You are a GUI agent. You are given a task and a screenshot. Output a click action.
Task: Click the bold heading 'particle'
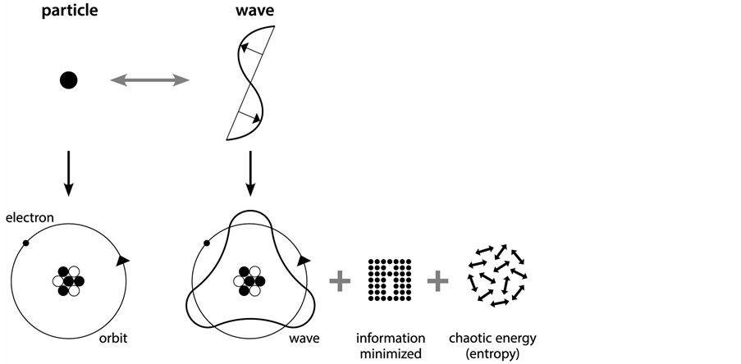pyautogui.click(x=70, y=16)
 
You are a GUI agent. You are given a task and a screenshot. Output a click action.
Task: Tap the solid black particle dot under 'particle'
pyautogui.click(x=69, y=80)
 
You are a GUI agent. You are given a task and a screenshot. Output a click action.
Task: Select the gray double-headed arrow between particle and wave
pyautogui.click(x=150, y=80)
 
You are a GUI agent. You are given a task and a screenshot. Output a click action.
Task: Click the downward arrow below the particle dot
pyautogui.click(x=69, y=172)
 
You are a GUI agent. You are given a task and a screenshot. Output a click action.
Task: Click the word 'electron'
pyautogui.click(x=30, y=218)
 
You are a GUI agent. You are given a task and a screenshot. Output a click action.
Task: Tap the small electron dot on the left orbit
pyautogui.click(x=26, y=243)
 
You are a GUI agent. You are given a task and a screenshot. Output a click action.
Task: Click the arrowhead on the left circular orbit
pyautogui.click(x=122, y=260)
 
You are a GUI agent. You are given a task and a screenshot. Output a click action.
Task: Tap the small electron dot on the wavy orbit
pyautogui.click(x=206, y=243)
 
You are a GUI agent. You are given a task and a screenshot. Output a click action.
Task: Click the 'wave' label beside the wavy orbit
pyautogui.click(x=304, y=337)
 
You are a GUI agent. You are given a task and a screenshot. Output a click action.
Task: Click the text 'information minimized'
pyautogui.click(x=391, y=345)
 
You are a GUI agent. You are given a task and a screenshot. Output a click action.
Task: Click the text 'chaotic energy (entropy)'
pyautogui.click(x=492, y=345)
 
